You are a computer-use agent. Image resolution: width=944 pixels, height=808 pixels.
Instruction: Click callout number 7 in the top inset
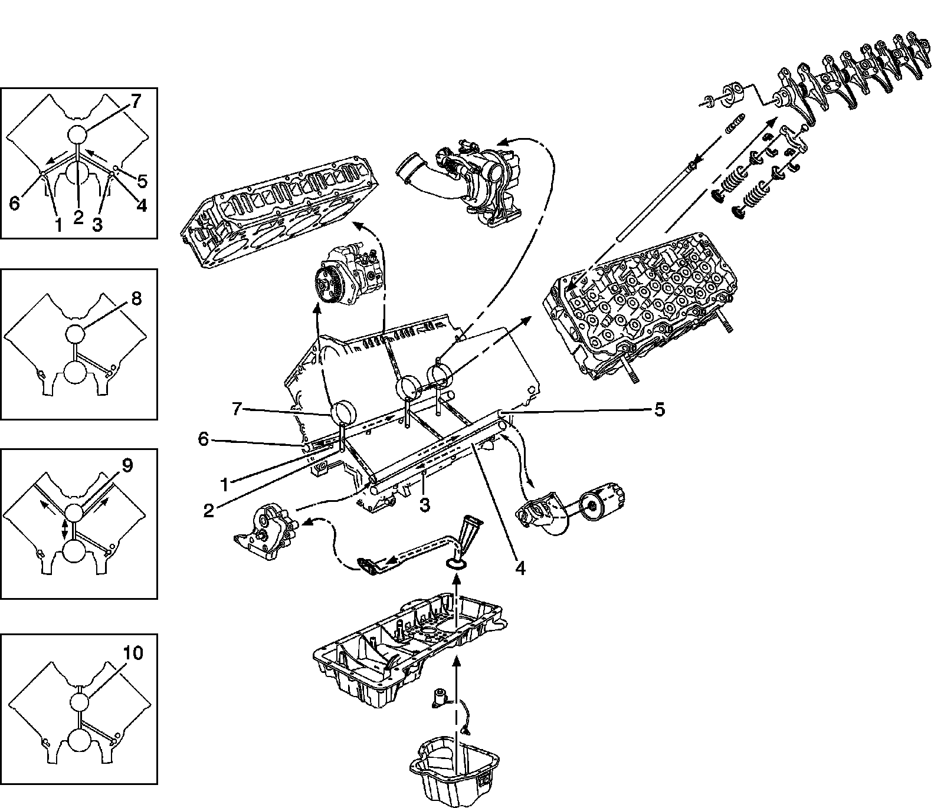click(x=136, y=102)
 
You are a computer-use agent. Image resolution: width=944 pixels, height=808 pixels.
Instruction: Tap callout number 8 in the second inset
click(x=136, y=298)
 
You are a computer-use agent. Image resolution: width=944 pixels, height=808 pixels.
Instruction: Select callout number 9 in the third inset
click(x=127, y=466)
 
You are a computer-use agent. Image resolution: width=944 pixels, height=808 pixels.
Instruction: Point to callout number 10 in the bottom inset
click(x=133, y=653)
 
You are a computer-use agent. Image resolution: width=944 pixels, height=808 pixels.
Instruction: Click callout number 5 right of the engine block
click(x=659, y=409)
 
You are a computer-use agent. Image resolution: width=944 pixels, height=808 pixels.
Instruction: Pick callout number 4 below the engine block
click(x=519, y=567)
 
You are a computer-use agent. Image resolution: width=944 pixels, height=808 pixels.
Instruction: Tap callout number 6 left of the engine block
click(x=203, y=439)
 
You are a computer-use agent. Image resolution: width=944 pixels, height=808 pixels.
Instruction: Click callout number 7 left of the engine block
click(x=237, y=409)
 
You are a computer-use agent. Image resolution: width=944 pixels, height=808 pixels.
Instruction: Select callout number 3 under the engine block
click(x=424, y=504)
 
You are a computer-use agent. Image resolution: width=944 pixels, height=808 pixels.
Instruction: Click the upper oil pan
click(x=407, y=649)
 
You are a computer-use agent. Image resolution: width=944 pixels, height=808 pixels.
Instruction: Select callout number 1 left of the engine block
click(x=224, y=485)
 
